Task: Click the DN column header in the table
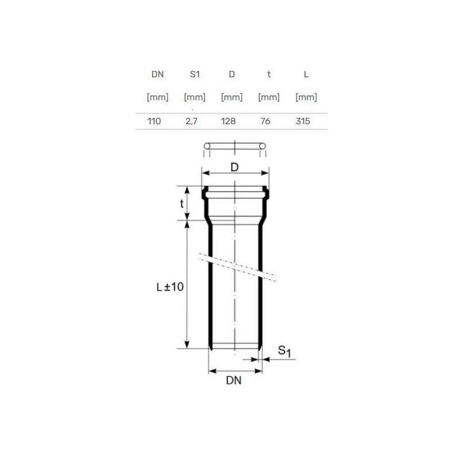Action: pos(157,74)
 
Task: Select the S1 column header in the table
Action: pos(195,74)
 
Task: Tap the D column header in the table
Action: pos(232,74)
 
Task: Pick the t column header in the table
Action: pos(269,74)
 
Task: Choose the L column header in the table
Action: pos(306,74)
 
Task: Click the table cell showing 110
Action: pos(154,121)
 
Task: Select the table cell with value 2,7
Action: pos(191,121)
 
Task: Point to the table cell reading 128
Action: pos(228,121)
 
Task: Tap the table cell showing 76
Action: pos(266,121)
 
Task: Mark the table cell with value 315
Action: pos(303,121)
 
